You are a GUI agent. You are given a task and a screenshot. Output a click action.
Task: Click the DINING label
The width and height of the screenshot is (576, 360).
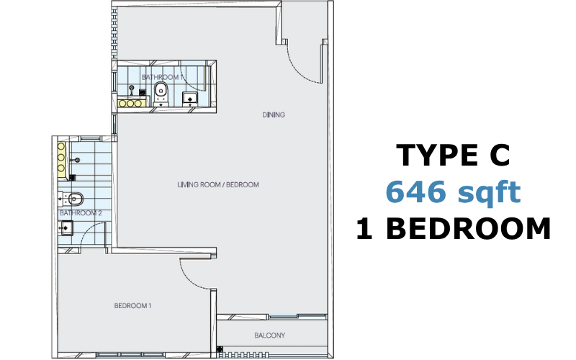[x=274, y=114]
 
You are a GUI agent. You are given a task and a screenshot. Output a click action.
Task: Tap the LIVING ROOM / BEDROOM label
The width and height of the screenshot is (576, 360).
[x=218, y=184]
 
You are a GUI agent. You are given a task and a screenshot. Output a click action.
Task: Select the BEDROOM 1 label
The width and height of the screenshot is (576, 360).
[x=132, y=305]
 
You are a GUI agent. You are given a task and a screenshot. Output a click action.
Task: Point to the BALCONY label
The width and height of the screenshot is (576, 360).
[x=269, y=336]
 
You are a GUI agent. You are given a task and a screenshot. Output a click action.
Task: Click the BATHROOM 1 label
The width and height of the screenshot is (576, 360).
[x=162, y=77]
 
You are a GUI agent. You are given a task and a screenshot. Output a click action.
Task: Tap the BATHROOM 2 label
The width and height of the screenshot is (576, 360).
[x=81, y=213]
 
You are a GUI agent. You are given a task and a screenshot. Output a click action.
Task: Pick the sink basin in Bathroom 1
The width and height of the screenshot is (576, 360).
[x=190, y=99]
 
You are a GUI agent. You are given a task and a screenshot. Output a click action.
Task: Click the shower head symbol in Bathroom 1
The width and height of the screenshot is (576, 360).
[x=132, y=89]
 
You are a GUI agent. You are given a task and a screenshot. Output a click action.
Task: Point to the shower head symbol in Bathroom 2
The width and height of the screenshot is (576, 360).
[x=76, y=160]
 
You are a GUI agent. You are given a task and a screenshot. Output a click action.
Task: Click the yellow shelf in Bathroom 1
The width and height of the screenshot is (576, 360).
[x=131, y=103]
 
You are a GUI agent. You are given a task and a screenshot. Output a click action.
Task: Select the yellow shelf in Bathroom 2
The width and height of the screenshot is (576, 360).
[x=61, y=157]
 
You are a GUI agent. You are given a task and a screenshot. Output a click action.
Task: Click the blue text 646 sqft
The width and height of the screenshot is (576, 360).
[x=454, y=192]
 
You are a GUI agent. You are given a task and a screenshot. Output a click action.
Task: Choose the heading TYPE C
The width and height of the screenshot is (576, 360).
[x=454, y=155]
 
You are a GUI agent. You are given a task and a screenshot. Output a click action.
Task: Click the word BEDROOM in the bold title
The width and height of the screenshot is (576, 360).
[x=469, y=228]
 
